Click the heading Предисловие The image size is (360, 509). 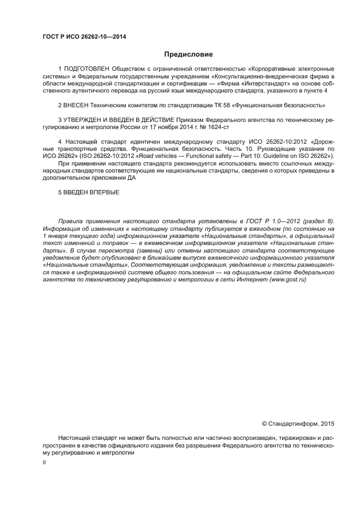tap(188, 54)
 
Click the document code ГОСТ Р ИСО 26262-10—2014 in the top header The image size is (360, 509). tap(81, 36)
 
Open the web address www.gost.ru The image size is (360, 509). tap(287, 279)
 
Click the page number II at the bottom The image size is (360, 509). tap(45, 463)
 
